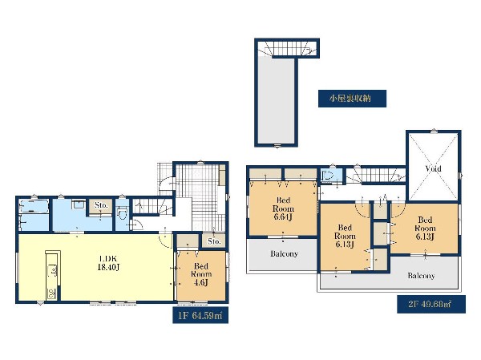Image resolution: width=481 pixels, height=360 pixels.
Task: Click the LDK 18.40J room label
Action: click(x=108, y=263)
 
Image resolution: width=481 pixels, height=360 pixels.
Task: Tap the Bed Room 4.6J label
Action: click(x=201, y=274)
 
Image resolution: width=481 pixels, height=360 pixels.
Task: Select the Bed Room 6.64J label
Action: click(x=283, y=208)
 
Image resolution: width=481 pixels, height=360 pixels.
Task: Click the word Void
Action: click(x=433, y=168)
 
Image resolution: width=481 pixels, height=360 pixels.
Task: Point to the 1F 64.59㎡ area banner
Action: click(x=200, y=315)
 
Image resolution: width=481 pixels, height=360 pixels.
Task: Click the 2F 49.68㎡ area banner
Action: click(x=431, y=304)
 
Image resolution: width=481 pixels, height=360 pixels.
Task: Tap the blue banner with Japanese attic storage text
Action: click(x=352, y=99)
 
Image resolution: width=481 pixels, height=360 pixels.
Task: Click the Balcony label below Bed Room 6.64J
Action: click(x=284, y=254)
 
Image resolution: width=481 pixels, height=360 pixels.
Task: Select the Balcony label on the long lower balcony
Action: click(x=421, y=276)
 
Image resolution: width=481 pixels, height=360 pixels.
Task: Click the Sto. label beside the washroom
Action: click(x=101, y=205)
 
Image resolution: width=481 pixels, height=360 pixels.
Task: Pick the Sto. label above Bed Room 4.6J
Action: click(x=214, y=241)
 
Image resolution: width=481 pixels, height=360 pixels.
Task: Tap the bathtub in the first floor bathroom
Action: click(x=34, y=206)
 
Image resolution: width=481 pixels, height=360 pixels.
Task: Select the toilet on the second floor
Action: click(x=327, y=176)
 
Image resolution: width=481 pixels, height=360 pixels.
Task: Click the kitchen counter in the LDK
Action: click(x=53, y=275)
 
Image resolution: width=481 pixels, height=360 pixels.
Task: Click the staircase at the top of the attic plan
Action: click(x=288, y=48)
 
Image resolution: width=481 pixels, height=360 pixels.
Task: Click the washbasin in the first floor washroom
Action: click(x=79, y=204)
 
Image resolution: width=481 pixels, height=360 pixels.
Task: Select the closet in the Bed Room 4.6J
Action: click(x=188, y=241)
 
